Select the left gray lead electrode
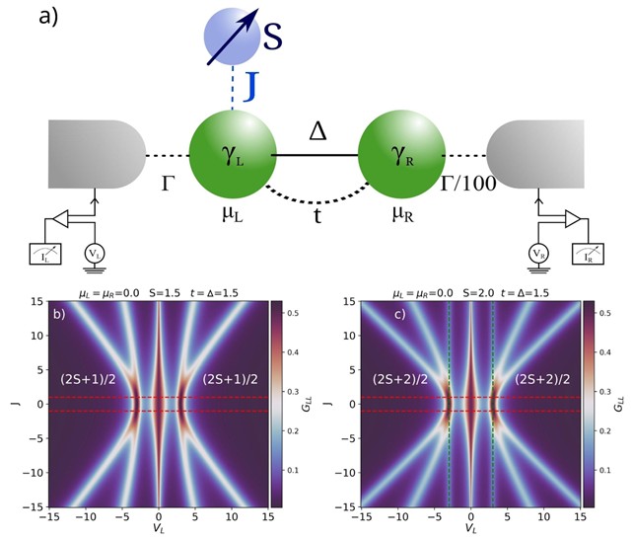(x=93, y=155)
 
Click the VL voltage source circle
(x=96, y=254)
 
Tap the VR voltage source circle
(x=539, y=254)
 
